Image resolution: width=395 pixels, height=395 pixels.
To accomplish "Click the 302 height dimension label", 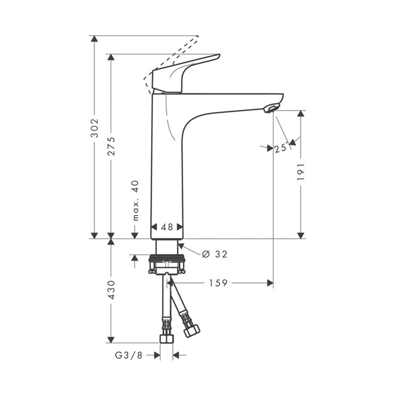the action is click(x=95, y=128).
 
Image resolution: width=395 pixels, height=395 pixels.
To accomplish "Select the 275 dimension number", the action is click(x=111, y=146).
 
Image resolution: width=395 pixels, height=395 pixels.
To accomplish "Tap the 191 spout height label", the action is click(x=301, y=172).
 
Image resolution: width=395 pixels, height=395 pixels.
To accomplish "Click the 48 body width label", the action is click(x=167, y=227).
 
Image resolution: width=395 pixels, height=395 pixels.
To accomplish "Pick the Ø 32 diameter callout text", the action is click(x=215, y=254).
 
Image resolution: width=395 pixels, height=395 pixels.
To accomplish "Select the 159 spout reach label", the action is click(x=218, y=283).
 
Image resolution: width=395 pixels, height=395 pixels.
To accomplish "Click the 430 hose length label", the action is click(x=111, y=290).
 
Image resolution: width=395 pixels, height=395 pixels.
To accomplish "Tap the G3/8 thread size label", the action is click(x=129, y=355).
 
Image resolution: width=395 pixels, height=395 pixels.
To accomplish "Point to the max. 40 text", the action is click(x=136, y=201).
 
